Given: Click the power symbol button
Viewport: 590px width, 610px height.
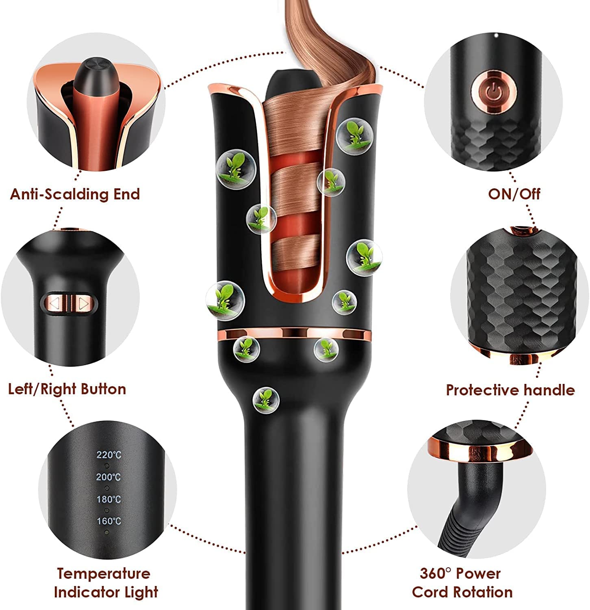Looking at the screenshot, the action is point(495,92).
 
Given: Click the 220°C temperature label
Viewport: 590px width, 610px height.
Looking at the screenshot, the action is point(108,455).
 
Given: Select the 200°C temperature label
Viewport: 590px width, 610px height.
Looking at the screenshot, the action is point(108,477).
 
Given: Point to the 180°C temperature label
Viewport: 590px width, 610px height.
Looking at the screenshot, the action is point(108,499).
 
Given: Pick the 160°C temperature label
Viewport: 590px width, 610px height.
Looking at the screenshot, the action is point(108,521).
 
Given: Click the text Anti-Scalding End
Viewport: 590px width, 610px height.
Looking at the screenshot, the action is point(75,194).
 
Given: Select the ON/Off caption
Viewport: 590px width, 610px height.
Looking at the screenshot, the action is point(514,194).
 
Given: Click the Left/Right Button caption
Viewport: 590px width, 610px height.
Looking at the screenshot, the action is point(67,389).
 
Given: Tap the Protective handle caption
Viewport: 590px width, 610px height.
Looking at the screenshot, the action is point(510,390).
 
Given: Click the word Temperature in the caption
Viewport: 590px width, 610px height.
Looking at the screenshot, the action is point(104,573).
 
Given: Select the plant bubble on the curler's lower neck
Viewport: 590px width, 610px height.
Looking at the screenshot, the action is point(266,399).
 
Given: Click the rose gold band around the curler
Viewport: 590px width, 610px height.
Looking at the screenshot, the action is point(295,334).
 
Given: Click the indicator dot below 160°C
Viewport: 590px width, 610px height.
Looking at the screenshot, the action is point(107,532).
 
